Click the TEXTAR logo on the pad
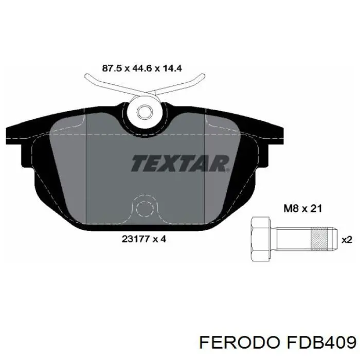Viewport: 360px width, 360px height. tap(180, 163)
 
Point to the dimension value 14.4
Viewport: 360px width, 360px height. tap(172, 68)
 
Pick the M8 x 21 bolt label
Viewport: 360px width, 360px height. tap(303, 208)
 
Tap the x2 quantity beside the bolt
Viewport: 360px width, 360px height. tap(347, 240)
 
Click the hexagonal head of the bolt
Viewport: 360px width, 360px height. tap(260, 239)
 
